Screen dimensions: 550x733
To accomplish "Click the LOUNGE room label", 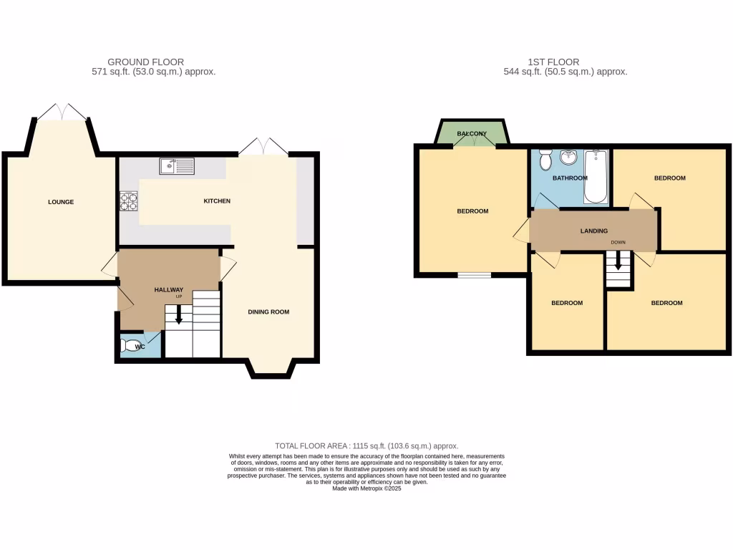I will pyautogui.click(x=61, y=202).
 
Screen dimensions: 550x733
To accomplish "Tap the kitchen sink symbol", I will pyautogui.click(x=176, y=165).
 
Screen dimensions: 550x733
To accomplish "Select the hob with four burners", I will pyautogui.click(x=129, y=201).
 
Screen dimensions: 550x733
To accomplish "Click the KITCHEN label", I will pyautogui.click(x=217, y=201).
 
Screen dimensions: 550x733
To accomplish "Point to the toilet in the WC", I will pyautogui.click(x=132, y=347).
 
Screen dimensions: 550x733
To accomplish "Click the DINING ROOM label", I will pyautogui.click(x=268, y=312).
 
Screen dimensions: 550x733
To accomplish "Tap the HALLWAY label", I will pyautogui.click(x=169, y=290).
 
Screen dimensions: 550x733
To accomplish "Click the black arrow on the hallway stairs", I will pyautogui.click(x=179, y=316).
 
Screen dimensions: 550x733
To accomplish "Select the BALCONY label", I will pyautogui.click(x=472, y=134).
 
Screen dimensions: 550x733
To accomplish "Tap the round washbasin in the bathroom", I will pyautogui.click(x=569, y=157).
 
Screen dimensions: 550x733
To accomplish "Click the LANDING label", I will pyautogui.click(x=594, y=231).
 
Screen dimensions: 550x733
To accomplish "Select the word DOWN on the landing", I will pyautogui.click(x=618, y=243).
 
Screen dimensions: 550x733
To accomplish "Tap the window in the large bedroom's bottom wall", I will pyautogui.click(x=475, y=274).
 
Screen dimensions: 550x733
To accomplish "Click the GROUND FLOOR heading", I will pyautogui.click(x=145, y=62).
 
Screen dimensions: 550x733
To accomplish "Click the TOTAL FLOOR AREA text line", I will pyautogui.click(x=366, y=445).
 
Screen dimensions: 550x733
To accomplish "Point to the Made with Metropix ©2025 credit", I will pyautogui.click(x=366, y=488).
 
